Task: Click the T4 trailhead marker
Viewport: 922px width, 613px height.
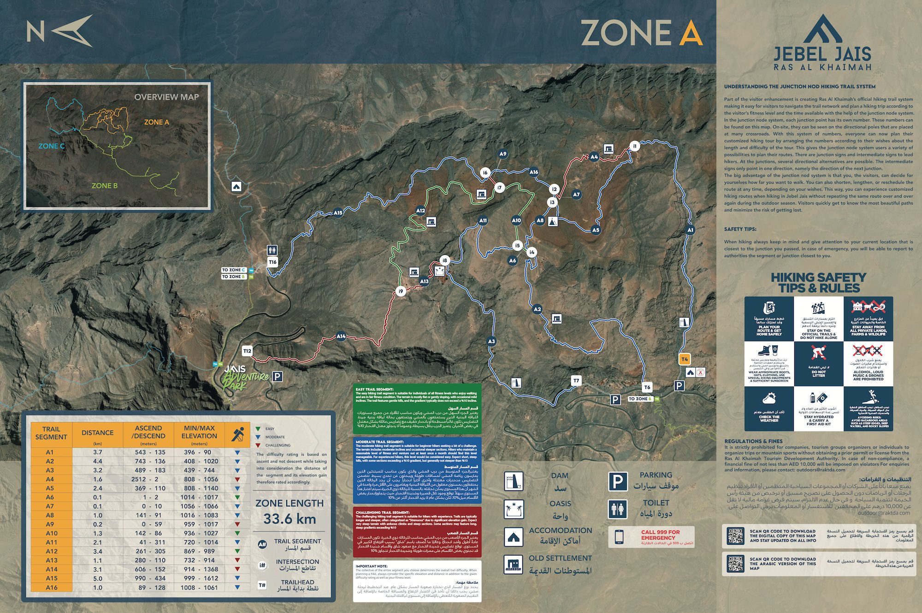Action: tap(685, 359)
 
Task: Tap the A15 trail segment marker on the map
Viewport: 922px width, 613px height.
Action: tap(338, 213)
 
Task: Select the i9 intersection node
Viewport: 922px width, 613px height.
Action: tap(401, 291)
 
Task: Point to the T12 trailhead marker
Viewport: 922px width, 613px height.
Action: tap(248, 351)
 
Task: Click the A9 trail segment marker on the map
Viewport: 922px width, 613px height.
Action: tap(503, 154)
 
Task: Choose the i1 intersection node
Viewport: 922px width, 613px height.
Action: tap(635, 146)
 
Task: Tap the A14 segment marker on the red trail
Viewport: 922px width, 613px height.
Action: tap(341, 336)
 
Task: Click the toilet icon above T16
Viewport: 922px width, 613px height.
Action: tap(272, 250)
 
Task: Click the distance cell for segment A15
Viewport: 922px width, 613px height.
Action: tap(97, 578)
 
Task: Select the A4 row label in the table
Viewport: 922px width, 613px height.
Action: tap(50, 479)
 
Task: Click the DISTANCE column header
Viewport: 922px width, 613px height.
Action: tap(97, 432)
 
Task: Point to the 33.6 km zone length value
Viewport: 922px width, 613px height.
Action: tap(290, 519)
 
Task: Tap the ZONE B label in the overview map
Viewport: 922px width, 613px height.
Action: tap(105, 186)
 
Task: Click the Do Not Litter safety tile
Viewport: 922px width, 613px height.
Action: tap(819, 363)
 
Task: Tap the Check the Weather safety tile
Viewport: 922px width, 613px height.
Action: tap(769, 408)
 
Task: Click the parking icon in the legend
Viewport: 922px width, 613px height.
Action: tap(617, 482)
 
